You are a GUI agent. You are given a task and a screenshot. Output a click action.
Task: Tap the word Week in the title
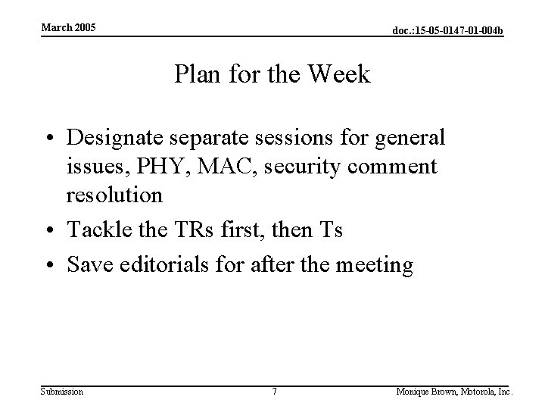[x=344, y=75]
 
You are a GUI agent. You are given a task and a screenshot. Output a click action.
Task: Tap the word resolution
[x=114, y=195]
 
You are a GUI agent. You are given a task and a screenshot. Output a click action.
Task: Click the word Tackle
[x=95, y=229]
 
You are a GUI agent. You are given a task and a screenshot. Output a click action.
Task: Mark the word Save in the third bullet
[x=88, y=265]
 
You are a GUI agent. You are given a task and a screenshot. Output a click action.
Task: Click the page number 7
[x=275, y=392]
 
